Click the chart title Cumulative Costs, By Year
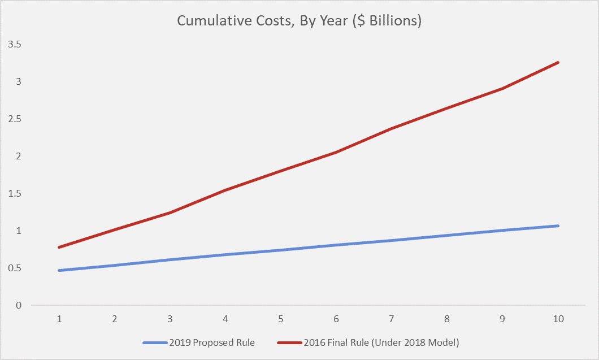[266, 21]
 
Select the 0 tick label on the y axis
[18, 305]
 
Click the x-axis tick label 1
[59, 319]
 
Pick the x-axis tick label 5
[281, 319]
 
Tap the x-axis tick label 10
[558, 319]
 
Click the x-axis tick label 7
[392, 319]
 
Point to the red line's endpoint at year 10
[558, 62]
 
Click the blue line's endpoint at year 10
[558, 225]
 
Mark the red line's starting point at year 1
[59, 247]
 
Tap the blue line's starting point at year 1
[59, 270]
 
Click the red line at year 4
[225, 190]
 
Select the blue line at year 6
[336, 245]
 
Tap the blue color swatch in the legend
[154, 342]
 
